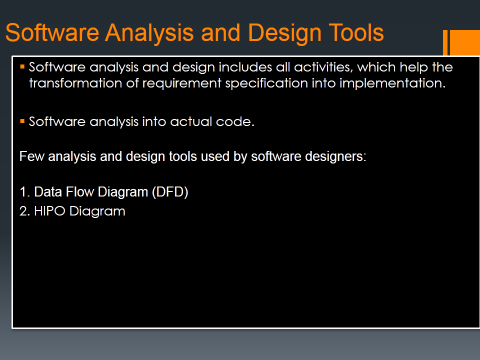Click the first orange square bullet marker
click(x=22, y=66)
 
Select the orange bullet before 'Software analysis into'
click(x=22, y=121)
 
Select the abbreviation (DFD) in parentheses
click(x=169, y=192)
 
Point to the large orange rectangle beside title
click(x=466, y=42)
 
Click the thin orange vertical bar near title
click(x=445, y=42)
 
